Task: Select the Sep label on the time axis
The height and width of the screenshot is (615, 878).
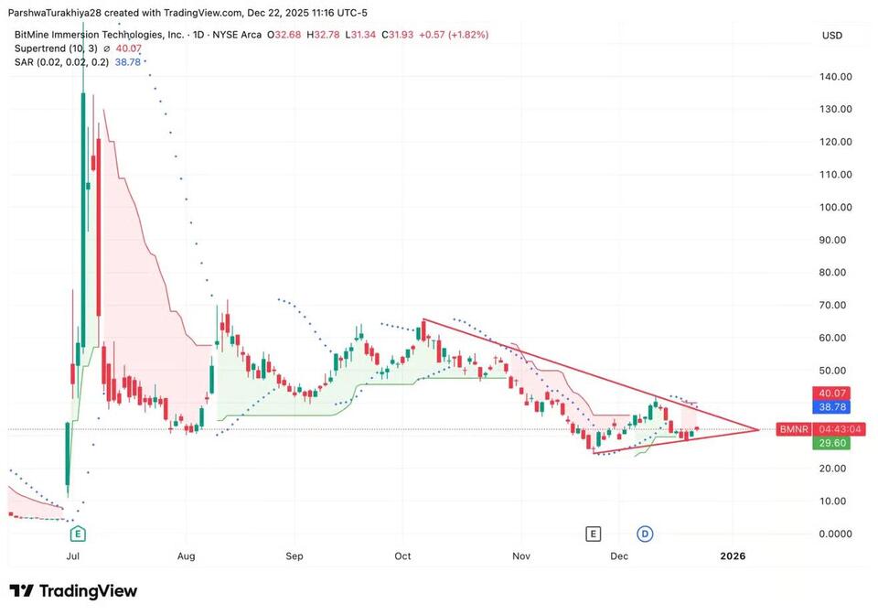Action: tap(294, 556)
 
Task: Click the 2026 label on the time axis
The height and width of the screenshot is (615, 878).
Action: tap(733, 556)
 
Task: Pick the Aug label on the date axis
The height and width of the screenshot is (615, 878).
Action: tap(186, 556)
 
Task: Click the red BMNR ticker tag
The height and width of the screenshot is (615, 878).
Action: tap(789, 428)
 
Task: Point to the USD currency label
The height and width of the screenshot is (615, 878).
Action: tap(832, 35)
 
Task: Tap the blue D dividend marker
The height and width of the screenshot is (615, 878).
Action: tap(645, 534)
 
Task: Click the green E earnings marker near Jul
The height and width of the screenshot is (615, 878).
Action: tap(78, 533)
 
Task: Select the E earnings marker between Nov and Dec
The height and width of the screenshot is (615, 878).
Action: tap(594, 534)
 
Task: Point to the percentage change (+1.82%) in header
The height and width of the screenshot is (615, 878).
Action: tap(467, 35)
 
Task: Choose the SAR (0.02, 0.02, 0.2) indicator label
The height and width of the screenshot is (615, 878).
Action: tap(61, 61)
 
